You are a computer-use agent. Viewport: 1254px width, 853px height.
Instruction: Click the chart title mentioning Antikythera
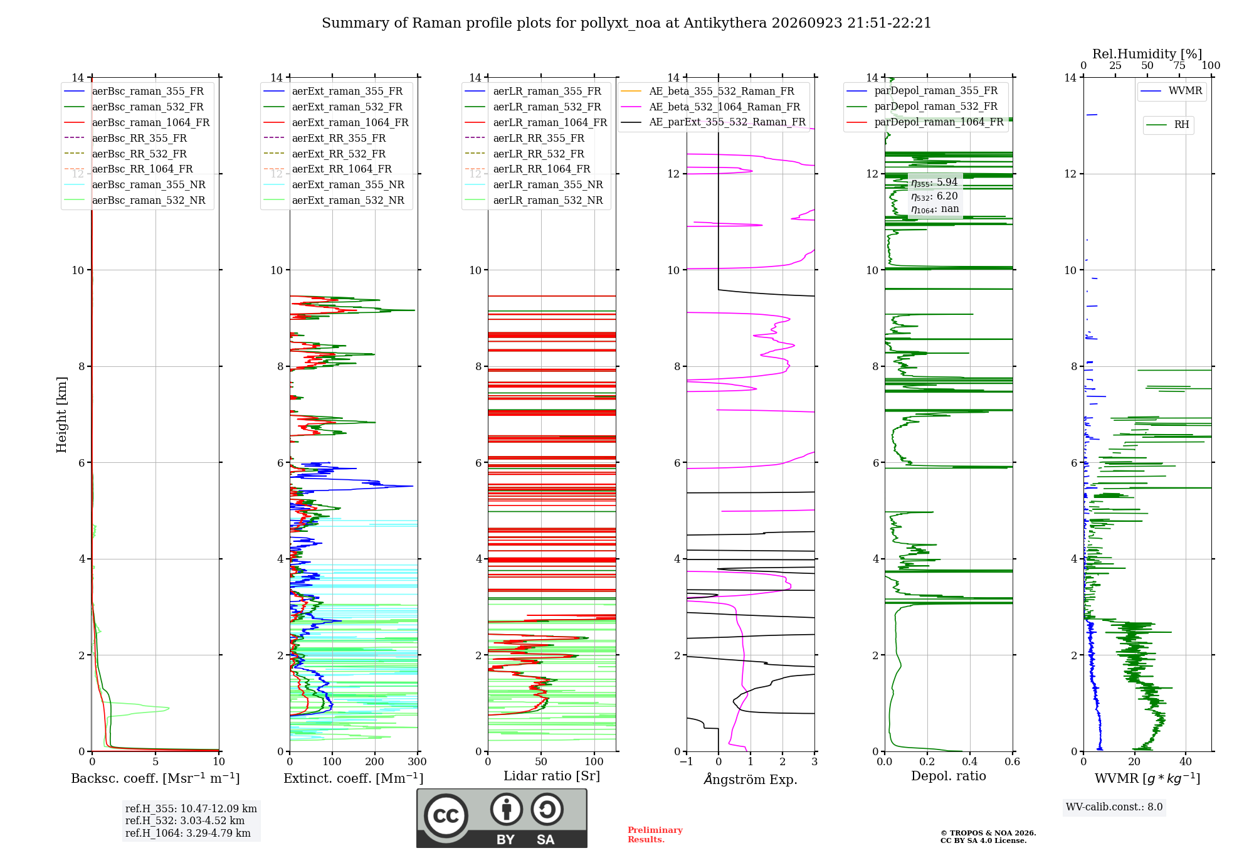point(626,23)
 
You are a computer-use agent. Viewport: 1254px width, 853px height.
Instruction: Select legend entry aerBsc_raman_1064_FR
point(137,122)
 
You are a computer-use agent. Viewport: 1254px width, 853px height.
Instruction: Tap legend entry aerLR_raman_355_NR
point(534,184)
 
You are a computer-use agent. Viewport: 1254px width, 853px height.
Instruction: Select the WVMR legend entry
point(1171,91)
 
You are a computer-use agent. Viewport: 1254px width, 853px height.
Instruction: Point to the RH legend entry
point(1167,125)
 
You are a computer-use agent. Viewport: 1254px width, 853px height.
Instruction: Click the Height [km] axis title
point(61,415)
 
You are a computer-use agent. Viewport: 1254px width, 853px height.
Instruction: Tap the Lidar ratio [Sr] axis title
point(552,776)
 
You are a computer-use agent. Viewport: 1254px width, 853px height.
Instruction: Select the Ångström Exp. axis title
point(751,779)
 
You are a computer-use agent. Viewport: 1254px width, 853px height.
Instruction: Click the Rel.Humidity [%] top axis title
point(1147,54)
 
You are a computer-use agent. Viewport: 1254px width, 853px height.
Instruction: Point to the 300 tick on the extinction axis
point(418,761)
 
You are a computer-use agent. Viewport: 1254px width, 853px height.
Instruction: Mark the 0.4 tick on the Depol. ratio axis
point(969,761)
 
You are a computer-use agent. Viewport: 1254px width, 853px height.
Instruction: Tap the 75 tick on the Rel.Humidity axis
point(1179,65)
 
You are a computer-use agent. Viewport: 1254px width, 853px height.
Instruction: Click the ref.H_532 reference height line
point(185,820)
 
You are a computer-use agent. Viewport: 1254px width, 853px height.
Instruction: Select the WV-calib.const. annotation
point(1114,807)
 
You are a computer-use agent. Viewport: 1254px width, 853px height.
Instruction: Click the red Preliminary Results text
point(655,835)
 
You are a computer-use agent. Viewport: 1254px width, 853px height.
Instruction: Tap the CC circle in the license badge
point(446,815)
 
